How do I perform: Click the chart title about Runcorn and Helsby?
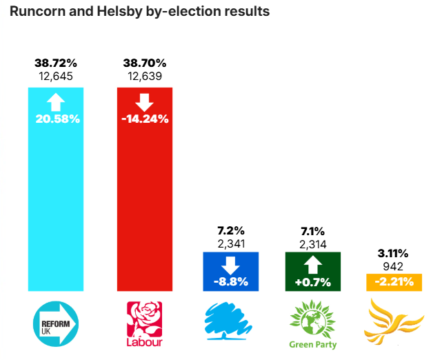click(x=139, y=12)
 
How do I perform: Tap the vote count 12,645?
click(x=56, y=77)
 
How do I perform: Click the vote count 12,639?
click(x=144, y=77)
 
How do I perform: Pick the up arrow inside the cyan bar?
click(x=56, y=103)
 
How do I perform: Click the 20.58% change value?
click(x=57, y=119)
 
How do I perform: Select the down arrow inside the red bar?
click(x=145, y=103)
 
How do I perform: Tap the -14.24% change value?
click(x=145, y=119)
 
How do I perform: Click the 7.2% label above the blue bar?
click(x=230, y=230)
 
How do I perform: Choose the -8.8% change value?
click(x=230, y=281)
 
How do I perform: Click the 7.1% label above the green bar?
click(x=313, y=230)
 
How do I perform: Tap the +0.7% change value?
click(x=313, y=281)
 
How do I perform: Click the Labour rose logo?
click(x=144, y=323)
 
